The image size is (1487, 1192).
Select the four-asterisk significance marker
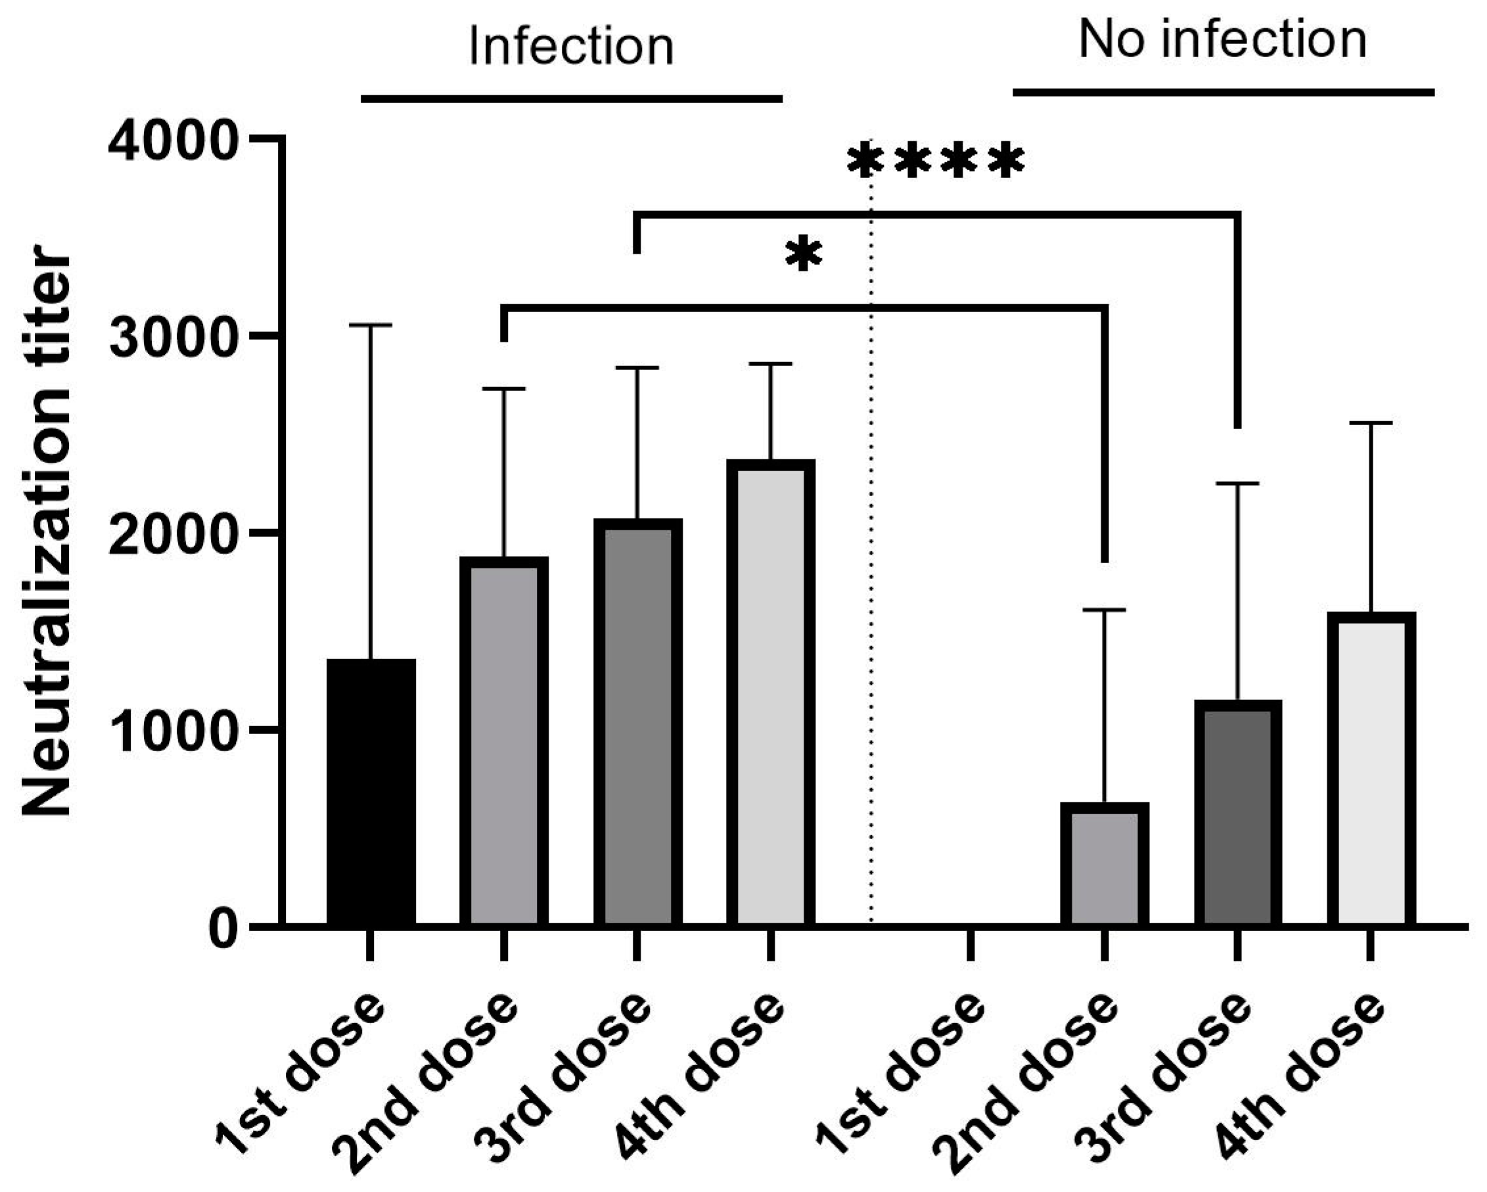[x=935, y=162]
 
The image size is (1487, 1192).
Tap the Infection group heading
[x=571, y=47]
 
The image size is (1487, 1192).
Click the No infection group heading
[x=1222, y=39]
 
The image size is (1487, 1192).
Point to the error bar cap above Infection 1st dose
[x=371, y=325]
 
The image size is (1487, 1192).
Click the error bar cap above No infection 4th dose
[x=1371, y=423]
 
